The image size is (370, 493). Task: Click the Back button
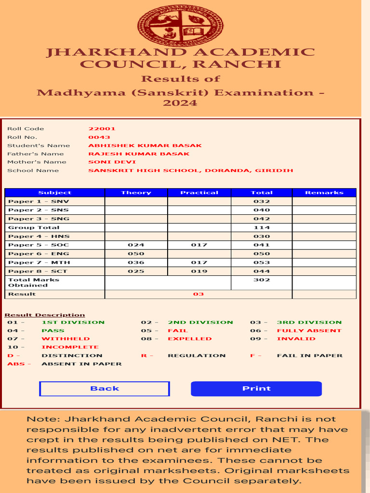pyautogui.click(x=104, y=389)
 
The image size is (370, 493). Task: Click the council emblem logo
pyautogui.click(x=181, y=24)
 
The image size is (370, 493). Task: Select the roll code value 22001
pyautogui.click(x=102, y=129)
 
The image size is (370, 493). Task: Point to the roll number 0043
pyautogui.click(x=99, y=137)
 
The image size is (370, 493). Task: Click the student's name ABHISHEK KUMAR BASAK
pyautogui.click(x=145, y=145)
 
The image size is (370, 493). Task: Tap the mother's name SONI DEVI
pyautogui.click(x=106, y=162)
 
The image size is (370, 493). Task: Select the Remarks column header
pyautogui.click(x=324, y=193)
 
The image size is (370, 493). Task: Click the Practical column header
pyautogui.click(x=199, y=193)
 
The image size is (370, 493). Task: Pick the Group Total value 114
pyautogui.click(x=262, y=228)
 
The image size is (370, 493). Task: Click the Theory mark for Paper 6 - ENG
pyautogui.click(x=136, y=254)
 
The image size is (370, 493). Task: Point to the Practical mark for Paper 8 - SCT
pyautogui.click(x=199, y=272)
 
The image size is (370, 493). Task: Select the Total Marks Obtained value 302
pyautogui.click(x=262, y=280)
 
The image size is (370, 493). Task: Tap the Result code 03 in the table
pyautogui.click(x=198, y=294)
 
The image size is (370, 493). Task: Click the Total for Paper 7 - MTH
pyautogui.click(x=262, y=263)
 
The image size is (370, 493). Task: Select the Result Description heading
pyautogui.click(x=45, y=315)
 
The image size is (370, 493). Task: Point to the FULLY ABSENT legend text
pyautogui.click(x=309, y=331)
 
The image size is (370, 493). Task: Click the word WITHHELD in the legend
pyautogui.click(x=66, y=339)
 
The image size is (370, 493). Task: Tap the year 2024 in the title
pyautogui.click(x=180, y=103)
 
